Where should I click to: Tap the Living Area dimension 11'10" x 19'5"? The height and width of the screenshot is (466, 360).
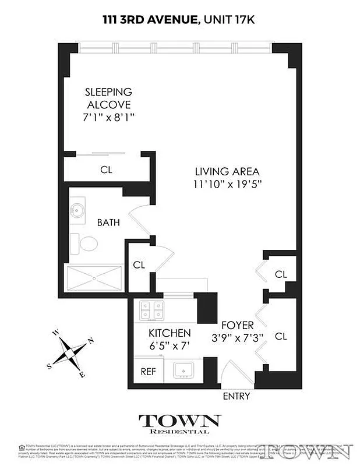click(x=227, y=185)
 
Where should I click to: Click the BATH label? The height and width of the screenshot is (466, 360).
click(x=108, y=223)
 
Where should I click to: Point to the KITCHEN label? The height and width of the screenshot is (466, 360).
click(x=170, y=333)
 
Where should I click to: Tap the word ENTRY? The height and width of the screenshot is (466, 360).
click(x=237, y=396)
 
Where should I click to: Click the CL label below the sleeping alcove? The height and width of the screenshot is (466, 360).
click(x=105, y=170)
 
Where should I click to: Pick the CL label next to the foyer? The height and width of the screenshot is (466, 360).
click(x=281, y=336)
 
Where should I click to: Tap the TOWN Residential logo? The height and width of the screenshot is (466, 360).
click(x=179, y=423)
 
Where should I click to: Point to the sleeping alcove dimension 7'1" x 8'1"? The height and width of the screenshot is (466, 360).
click(x=108, y=117)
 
